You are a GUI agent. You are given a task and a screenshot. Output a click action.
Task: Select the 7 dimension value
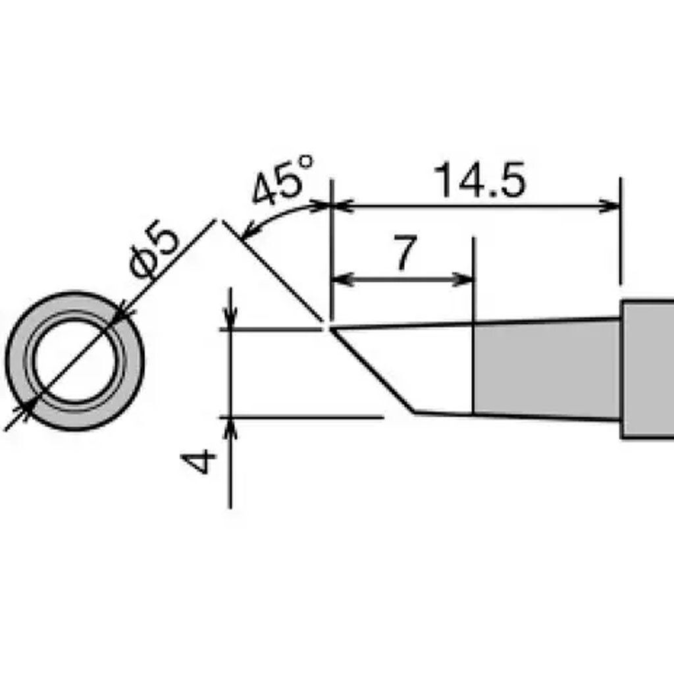point(405,253)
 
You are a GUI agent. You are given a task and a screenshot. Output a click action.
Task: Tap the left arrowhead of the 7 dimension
point(341,280)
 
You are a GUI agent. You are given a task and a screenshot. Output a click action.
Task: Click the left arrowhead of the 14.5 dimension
point(341,207)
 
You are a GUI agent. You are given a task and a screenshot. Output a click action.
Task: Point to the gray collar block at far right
point(648,369)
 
